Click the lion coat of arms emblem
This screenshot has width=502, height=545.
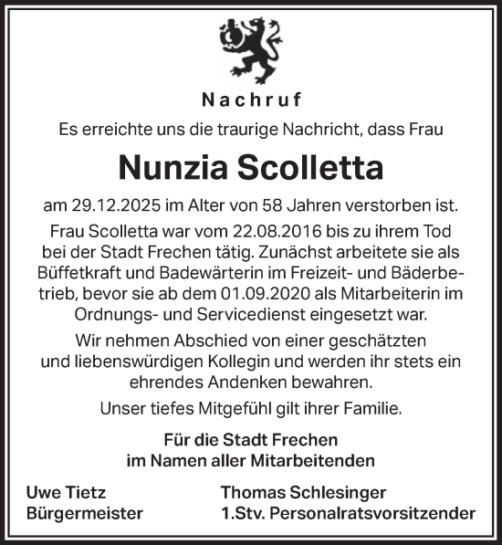(x=250, y=50)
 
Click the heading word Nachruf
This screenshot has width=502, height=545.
(x=250, y=100)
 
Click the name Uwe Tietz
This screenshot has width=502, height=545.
(x=65, y=491)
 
